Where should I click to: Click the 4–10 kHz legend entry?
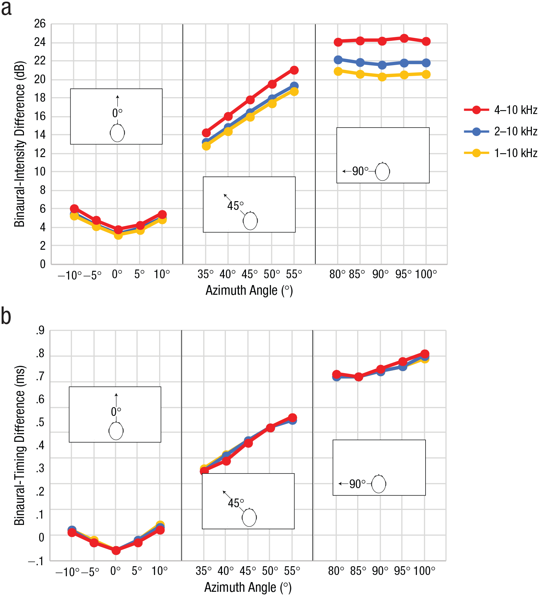(501, 110)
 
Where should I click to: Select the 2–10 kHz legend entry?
(501, 132)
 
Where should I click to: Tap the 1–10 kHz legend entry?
(501, 153)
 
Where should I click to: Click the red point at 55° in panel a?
(294, 70)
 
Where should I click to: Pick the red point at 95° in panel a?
(404, 38)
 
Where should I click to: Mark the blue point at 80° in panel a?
(338, 60)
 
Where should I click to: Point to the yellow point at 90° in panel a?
(382, 77)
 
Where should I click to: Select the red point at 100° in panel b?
(425, 354)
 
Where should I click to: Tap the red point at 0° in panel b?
(116, 550)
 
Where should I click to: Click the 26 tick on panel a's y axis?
(40, 24)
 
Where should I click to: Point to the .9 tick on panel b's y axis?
(40, 331)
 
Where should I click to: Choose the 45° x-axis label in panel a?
(249, 274)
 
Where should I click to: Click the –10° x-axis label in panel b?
(67, 572)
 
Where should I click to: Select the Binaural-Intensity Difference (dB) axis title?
(19, 144)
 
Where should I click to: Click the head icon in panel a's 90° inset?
(382, 171)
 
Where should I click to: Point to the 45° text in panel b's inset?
(236, 503)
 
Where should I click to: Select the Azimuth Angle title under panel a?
(249, 291)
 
